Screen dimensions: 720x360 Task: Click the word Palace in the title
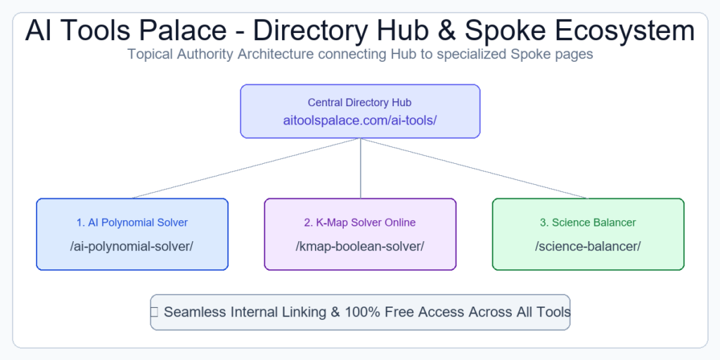(x=182, y=31)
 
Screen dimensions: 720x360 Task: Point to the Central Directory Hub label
(x=359, y=103)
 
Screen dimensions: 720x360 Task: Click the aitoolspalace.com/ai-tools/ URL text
(x=360, y=120)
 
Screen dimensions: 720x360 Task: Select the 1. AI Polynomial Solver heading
(x=132, y=223)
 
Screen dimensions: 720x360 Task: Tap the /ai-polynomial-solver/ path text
(x=131, y=247)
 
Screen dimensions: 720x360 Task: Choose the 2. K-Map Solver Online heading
(x=360, y=223)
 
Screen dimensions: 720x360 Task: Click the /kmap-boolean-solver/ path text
(x=360, y=247)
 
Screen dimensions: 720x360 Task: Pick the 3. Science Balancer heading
(x=589, y=223)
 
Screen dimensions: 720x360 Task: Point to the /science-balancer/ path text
(x=589, y=247)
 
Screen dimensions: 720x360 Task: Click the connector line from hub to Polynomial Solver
(x=246, y=168)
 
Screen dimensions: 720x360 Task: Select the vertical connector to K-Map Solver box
(x=361, y=168)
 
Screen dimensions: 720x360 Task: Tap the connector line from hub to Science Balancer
(x=475, y=168)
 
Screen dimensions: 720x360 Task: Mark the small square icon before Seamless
(x=154, y=312)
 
